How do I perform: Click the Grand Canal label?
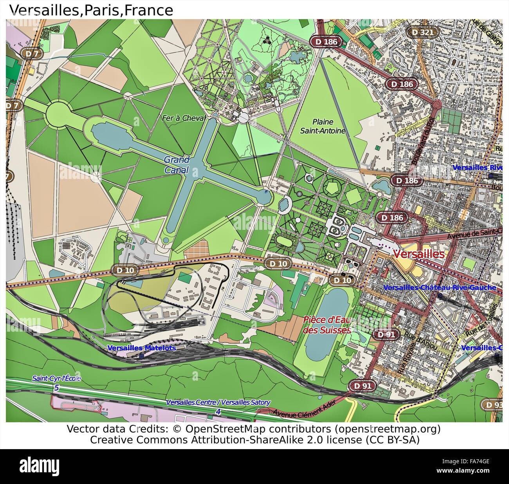[x=177, y=165]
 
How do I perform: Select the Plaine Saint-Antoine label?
[x=323, y=126]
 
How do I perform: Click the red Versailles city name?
[x=419, y=254]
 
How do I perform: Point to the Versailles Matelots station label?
[x=141, y=348]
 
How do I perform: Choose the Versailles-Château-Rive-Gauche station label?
[x=440, y=287]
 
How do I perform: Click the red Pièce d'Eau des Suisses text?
[x=327, y=325]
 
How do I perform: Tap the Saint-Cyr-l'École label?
[x=57, y=379]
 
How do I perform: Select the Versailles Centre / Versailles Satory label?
[x=218, y=403]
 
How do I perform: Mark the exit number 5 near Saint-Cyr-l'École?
[x=56, y=388]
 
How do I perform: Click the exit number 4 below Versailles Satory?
[x=218, y=412]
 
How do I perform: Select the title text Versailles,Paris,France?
[x=91, y=10]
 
